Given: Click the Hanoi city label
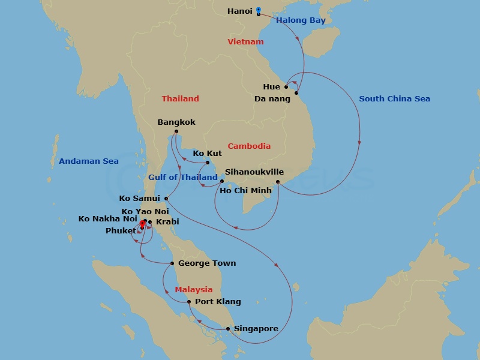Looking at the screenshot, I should click(240, 11).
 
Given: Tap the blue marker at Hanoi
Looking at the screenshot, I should click(258, 10).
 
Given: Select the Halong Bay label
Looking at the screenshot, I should click(301, 20).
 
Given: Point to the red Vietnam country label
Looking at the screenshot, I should click(245, 42).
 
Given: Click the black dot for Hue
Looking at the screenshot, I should click(286, 87).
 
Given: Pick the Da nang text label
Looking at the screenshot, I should click(272, 98).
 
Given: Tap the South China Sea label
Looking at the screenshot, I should click(394, 98).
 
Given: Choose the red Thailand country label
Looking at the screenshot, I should click(180, 98).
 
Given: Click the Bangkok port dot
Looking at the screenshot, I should click(176, 132).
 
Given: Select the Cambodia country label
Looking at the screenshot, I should click(249, 146).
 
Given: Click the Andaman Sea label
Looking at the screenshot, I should click(88, 161).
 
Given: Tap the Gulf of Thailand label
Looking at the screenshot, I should click(182, 178).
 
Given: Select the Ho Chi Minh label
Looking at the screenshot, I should click(245, 191).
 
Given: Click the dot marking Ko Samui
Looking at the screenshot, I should click(166, 199).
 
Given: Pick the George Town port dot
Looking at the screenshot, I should click(172, 263).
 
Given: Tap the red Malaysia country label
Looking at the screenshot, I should click(194, 290).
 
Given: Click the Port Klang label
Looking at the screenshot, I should click(218, 302).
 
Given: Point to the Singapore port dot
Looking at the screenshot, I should click(228, 329).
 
